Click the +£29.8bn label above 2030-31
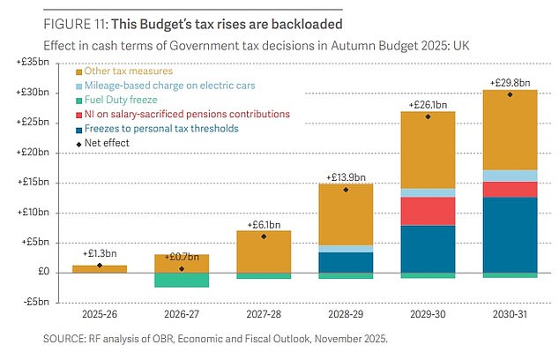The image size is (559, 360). (510, 84)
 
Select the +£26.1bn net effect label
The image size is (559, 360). (428, 105)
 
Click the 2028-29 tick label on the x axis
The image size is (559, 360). (347, 312)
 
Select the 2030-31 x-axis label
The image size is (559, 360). (510, 312)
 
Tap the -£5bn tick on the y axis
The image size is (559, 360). (38, 303)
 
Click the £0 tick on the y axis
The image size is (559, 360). (43, 273)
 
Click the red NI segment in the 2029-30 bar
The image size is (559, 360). (428, 211)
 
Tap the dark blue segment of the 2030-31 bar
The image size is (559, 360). (510, 235)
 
